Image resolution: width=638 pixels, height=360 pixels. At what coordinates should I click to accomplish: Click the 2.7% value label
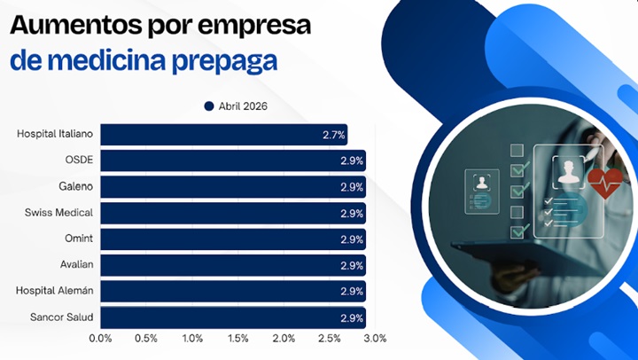click(x=333, y=135)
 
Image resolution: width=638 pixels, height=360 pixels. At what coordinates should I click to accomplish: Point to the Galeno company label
click(x=75, y=187)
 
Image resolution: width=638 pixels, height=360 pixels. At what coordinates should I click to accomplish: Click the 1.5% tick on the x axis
click(x=237, y=339)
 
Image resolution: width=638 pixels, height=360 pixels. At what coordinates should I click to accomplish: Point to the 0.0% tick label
click(x=100, y=339)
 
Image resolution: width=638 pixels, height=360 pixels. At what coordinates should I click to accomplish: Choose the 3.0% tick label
click(x=375, y=339)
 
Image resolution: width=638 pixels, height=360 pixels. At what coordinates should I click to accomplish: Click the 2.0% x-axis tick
click(x=284, y=339)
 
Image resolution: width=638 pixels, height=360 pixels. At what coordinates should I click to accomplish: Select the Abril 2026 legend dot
click(x=209, y=106)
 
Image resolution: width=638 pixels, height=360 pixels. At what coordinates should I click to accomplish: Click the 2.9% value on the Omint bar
click(x=352, y=239)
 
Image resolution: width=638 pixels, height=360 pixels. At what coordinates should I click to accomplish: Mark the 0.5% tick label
click(x=146, y=339)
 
